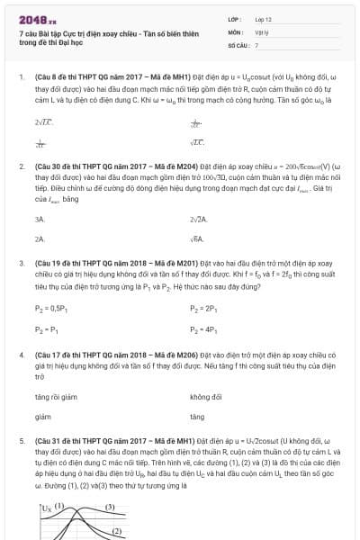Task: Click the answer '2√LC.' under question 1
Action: (43, 121)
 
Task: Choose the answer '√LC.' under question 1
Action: (197, 142)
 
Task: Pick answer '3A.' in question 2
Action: (40, 219)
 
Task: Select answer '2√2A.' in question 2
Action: (199, 219)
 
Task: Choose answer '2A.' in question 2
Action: (40, 238)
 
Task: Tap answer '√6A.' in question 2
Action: (197, 238)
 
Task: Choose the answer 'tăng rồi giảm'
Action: (53, 397)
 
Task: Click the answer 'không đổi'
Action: (205, 397)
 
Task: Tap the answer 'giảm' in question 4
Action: (42, 417)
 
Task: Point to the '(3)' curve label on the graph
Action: (111, 508)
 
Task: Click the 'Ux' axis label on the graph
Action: (47, 508)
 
